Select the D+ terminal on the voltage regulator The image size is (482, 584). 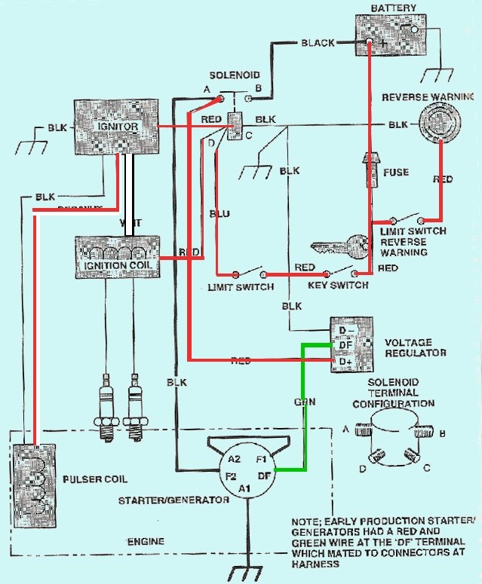346,363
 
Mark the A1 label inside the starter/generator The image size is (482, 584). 245,488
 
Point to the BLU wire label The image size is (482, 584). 219,214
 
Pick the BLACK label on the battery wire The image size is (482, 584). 317,43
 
